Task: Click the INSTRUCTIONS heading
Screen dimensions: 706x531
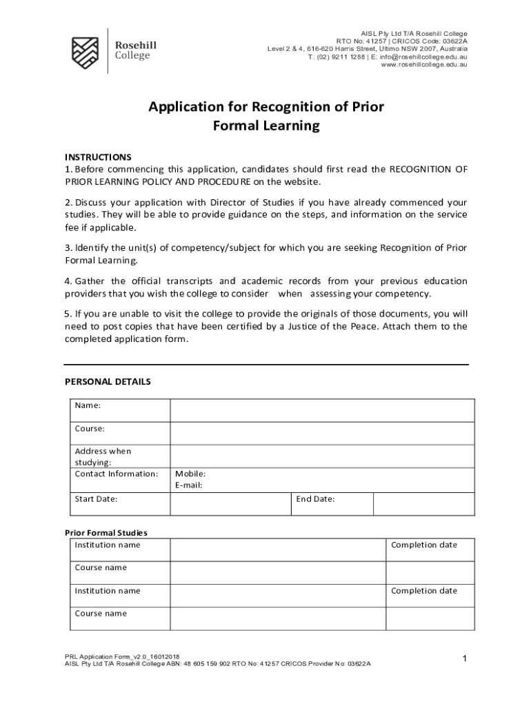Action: [x=98, y=157]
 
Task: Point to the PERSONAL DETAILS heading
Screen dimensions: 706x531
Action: [x=108, y=382]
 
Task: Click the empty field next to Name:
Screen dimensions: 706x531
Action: [x=322, y=410]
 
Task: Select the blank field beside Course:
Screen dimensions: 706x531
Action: [x=322, y=434]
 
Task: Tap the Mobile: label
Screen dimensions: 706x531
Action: [x=190, y=474]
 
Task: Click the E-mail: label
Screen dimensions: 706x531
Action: [x=189, y=485]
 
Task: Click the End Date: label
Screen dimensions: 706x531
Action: [x=315, y=499]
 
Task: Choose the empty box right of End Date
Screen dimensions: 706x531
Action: [x=423, y=504]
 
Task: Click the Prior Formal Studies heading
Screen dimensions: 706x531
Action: [x=106, y=533]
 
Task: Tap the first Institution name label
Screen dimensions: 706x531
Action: [x=108, y=545]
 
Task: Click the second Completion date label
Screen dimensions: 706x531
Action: [x=423, y=591]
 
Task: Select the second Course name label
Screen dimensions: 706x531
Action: [x=101, y=614]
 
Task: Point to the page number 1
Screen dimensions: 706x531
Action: [x=465, y=659]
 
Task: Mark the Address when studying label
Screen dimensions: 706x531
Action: [x=103, y=456]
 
